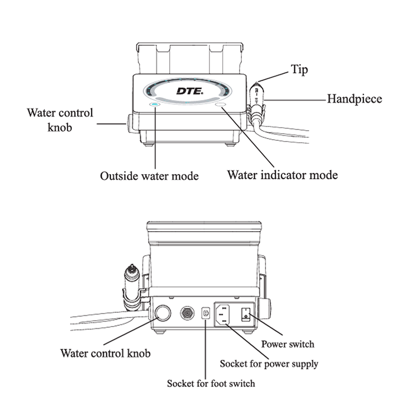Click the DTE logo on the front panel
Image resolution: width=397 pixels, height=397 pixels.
coord(190,91)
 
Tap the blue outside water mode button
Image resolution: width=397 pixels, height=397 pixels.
coord(154,104)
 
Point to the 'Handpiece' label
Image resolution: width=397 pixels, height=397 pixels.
coord(354,98)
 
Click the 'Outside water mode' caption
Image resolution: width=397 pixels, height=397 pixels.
coord(149,175)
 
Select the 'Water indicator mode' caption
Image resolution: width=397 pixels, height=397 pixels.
coord(282,175)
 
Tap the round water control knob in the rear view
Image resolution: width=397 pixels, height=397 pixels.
coord(162,313)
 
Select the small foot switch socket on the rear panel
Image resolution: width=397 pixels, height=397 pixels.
coord(206,313)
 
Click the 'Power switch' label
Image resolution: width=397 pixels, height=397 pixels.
coord(287,344)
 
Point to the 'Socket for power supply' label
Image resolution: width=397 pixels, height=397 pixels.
coord(269,363)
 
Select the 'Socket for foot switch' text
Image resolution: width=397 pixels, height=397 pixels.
coord(211,384)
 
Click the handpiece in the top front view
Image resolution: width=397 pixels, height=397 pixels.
coord(256,101)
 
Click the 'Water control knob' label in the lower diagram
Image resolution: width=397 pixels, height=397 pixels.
coord(105,353)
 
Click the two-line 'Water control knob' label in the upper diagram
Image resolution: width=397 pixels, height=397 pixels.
coord(60,119)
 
